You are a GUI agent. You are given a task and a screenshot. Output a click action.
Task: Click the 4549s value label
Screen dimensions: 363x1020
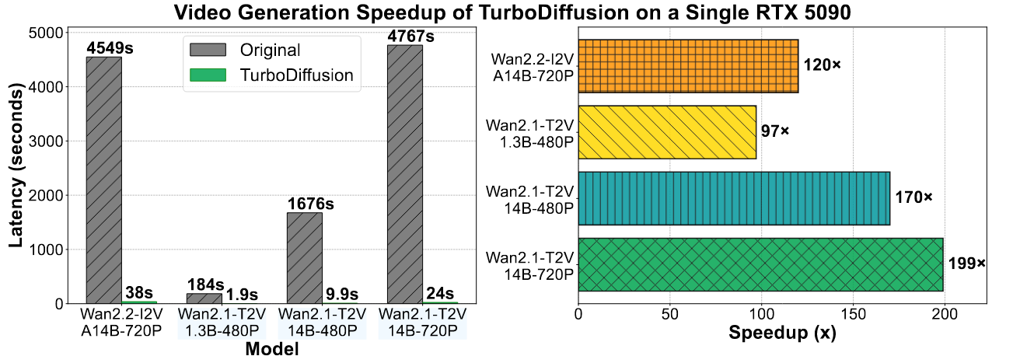[110, 47]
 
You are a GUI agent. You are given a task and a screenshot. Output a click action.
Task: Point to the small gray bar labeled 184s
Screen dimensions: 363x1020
[204, 298]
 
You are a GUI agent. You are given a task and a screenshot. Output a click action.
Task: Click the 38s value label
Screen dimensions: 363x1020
[139, 292]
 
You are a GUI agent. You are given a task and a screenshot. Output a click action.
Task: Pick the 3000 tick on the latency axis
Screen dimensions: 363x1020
[54, 141]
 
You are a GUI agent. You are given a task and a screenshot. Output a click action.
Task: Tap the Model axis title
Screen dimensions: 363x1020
[271, 350]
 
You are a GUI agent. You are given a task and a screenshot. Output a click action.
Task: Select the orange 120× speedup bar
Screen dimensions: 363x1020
[688, 66]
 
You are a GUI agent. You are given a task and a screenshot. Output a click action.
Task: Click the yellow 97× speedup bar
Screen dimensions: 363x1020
[667, 132]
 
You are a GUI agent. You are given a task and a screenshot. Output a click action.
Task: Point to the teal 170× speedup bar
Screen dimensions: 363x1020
[734, 198]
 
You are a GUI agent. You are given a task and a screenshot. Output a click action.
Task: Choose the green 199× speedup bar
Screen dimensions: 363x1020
[760, 264]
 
